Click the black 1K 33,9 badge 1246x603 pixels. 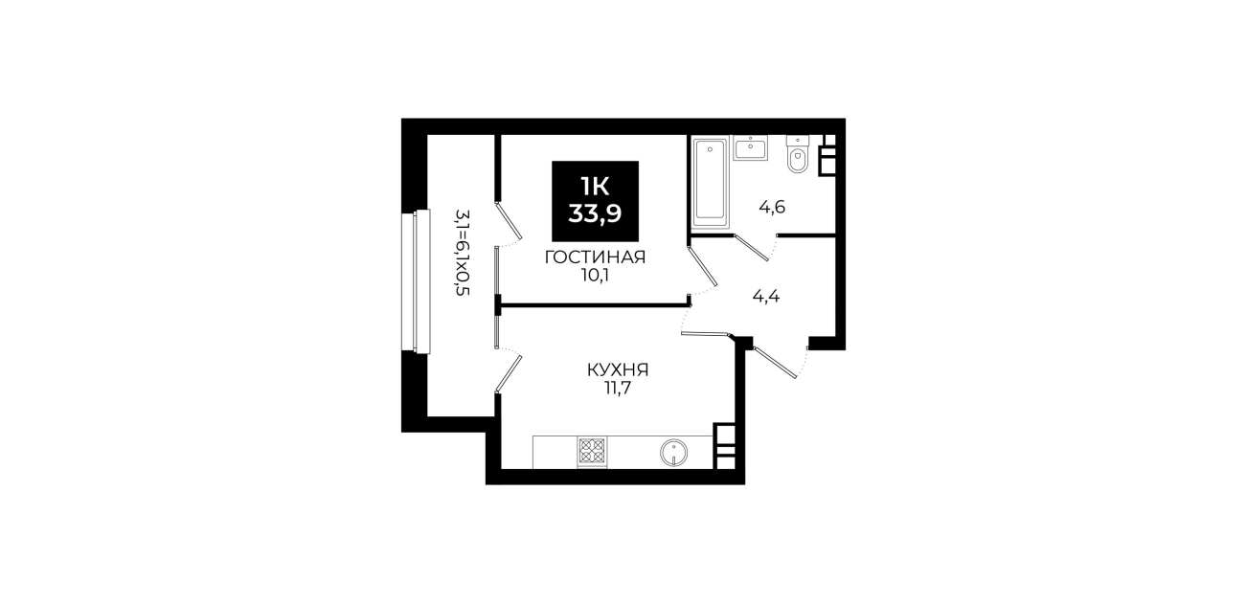point(595,201)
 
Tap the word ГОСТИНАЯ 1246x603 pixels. point(595,257)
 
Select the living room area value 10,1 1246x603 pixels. point(595,275)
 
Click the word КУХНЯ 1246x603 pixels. point(618,369)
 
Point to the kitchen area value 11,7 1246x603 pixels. point(618,388)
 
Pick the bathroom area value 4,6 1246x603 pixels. point(772,208)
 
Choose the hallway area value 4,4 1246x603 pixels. point(766,296)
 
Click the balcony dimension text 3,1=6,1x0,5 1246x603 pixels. point(463,253)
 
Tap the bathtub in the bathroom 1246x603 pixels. point(710,183)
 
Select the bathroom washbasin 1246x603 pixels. point(751,147)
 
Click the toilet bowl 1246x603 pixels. point(798,155)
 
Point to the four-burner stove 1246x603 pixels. point(592,451)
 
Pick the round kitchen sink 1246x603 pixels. point(674,453)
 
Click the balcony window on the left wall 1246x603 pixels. point(416,281)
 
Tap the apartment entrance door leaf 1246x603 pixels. point(776,363)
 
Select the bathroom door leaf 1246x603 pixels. point(752,247)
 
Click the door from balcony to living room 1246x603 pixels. point(509,221)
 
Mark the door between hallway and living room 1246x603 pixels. point(701,266)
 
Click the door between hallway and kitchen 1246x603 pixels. point(705,334)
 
